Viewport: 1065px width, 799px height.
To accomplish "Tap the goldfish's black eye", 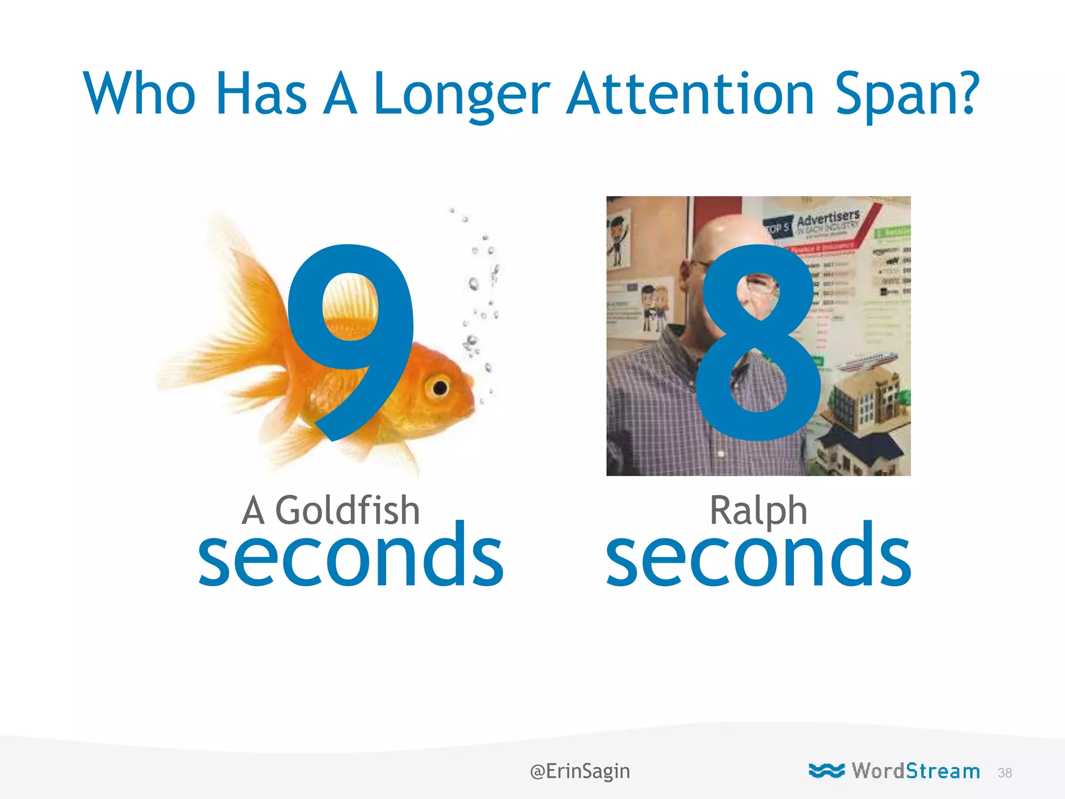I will pyautogui.click(x=440, y=388).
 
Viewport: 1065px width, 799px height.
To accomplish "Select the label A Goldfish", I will pyautogui.click(x=331, y=511).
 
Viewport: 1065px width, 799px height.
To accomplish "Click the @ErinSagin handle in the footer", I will pyautogui.click(x=580, y=771).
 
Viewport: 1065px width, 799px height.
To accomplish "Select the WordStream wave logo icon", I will pyautogui.click(x=826, y=770).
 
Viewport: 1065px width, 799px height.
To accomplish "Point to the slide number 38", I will pyautogui.click(x=1005, y=773).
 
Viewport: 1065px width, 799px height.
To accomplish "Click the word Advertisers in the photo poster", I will pyautogui.click(x=828, y=218).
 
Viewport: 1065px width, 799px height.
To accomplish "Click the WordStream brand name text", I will pyautogui.click(x=916, y=770).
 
